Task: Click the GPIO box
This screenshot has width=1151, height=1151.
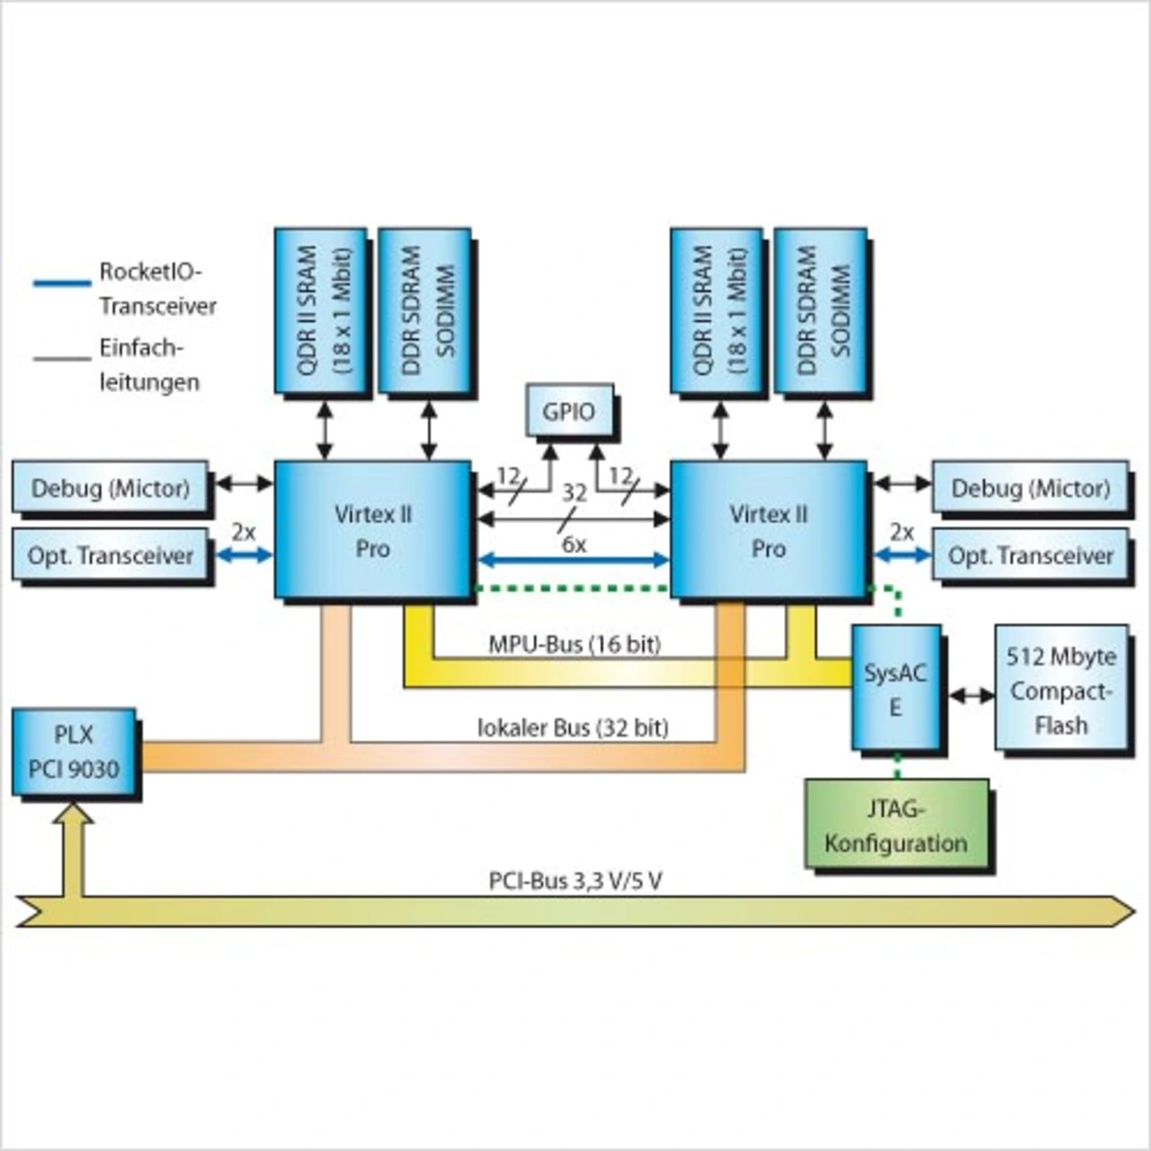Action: tap(569, 411)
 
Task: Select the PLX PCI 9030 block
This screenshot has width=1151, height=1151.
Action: tap(74, 752)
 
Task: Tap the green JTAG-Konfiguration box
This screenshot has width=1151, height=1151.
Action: tap(897, 825)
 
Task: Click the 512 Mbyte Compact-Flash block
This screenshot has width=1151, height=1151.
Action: tap(1061, 690)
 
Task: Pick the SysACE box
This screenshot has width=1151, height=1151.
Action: tap(896, 689)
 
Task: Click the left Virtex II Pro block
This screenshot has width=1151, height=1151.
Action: tap(372, 530)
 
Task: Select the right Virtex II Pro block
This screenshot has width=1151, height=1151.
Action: tap(769, 530)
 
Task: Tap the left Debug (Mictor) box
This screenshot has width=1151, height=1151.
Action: tap(110, 488)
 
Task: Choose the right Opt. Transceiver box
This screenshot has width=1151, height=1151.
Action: tap(1031, 556)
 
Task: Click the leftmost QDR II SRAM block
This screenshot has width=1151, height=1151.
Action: tap(321, 310)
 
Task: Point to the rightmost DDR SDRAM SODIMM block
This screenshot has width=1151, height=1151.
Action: tap(821, 310)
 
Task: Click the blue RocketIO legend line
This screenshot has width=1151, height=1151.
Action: tap(62, 283)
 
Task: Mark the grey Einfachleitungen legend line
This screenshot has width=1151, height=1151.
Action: tap(62, 359)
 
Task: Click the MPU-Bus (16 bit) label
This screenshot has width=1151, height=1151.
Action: tap(575, 644)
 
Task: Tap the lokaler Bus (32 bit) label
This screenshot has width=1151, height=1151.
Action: tap(573, 727)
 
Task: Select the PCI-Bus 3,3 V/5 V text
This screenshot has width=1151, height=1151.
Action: tap(575, 880)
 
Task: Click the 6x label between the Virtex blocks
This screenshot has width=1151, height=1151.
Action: tap(574, 544)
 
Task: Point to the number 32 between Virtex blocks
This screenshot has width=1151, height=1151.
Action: tap(575, 492)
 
